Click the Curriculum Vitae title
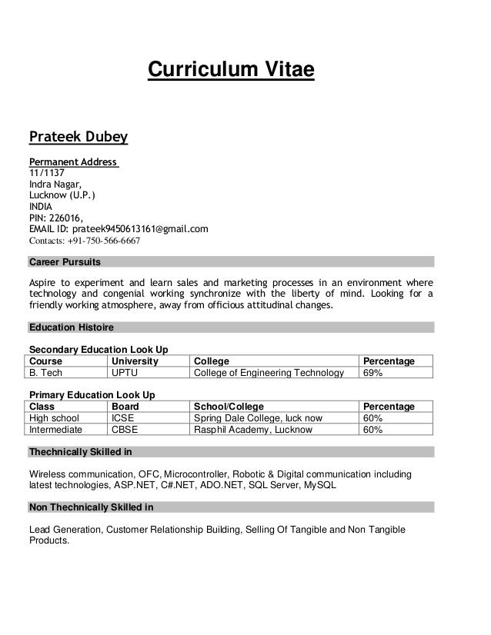pyautogui.click(x=231, y=71)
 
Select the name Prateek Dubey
pyautogui.click(x=78, y=138)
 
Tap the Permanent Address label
pyautogui.click(x=73, y=162)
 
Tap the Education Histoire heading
pyautogui.click(x=71, y=327)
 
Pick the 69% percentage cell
pyautogui.click(x=372, y=374)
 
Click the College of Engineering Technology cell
pyautogui.click(x=269, y=374)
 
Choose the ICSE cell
pyautogui.click(x=123, y=418)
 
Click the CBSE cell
pyautogui.click(x=125, y=430)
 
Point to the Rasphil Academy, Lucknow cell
pyautogui.click(x=253, y=430)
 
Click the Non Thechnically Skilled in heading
pyautogui.click(x=91, y=507)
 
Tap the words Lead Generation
pyautogui.click(x=65, y=530)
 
